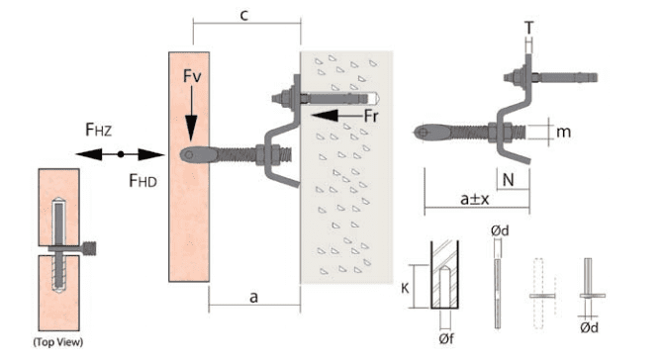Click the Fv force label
tap(192, 76)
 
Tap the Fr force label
tap(371, 116)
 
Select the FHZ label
tap(98, 130)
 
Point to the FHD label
tap(142, 181)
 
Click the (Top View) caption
tap(58, 342)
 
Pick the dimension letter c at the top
tap(243, 15)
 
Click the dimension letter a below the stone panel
tap(253, 298)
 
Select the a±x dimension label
tap(475, 199)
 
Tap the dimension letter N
tap(508, 180)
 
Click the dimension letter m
tap(564, 132)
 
